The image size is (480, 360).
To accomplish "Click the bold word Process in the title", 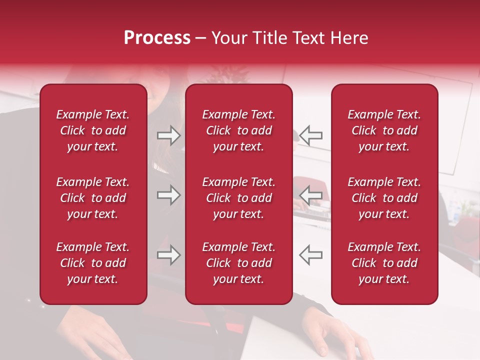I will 157,38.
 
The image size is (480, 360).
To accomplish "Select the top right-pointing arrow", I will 168,135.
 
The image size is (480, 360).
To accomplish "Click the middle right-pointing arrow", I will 168,195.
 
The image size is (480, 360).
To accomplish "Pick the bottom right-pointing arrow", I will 168,255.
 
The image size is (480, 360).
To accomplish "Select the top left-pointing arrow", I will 311,135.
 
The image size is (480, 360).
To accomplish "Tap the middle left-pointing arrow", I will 311,195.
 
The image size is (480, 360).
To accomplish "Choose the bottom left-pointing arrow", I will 311,255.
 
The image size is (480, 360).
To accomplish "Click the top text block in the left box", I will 93,130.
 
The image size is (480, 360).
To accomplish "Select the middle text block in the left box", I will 93,198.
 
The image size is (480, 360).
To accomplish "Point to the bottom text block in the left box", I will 93,263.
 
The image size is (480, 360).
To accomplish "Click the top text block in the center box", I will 239,130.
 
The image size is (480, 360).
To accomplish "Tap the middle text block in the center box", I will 239,198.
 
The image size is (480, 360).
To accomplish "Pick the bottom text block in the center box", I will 239,263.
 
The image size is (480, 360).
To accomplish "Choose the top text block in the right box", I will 384,130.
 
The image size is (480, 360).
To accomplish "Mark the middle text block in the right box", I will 384,198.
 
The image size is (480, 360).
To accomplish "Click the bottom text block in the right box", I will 384,263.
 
